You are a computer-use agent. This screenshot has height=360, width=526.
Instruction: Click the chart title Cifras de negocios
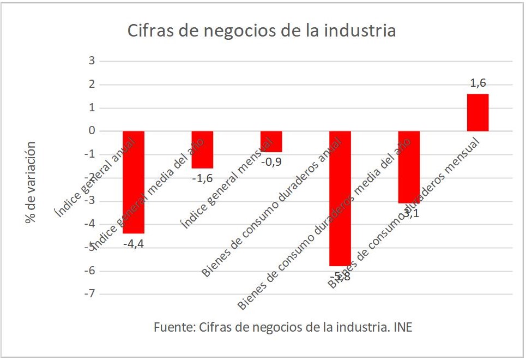point(262,30)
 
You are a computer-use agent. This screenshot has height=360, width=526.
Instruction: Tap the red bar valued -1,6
point(202,149)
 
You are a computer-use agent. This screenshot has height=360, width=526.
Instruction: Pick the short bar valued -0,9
point(271,141)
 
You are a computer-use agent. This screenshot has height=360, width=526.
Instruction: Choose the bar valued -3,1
point(409,167)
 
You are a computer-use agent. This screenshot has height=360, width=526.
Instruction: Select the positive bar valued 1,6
point(477,112)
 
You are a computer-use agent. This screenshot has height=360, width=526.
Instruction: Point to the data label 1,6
point(477,83)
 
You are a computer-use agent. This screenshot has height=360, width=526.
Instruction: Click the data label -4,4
point(134,244)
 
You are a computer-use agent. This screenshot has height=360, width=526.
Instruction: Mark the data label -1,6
point(202,177)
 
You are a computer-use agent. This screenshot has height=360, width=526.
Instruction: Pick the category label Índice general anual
point(95,177)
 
